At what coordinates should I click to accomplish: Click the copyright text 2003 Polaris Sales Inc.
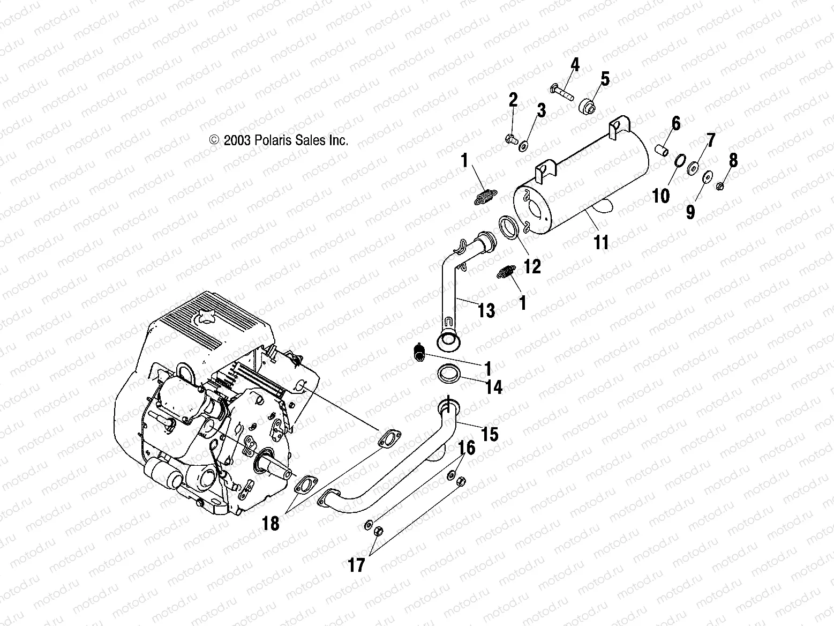coord(279,140)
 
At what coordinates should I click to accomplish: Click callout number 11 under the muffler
coord(602,243)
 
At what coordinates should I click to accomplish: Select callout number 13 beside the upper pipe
coord(486,310)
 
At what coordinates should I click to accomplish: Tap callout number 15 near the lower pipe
coord(490,434)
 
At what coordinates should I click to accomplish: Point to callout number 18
coord(272,523)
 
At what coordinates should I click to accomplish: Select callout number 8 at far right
coord(733,160)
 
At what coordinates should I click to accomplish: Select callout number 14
coord(494,386)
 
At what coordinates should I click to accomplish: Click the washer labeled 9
coord(707,176)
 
